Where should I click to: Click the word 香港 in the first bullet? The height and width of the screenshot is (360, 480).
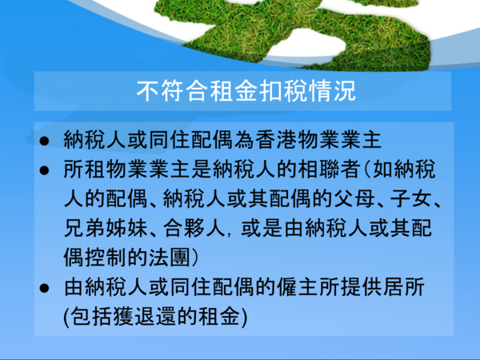point(276,140)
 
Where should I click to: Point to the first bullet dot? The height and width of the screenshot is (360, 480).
point(44,141)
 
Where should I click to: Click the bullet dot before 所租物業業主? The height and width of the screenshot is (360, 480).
point(44,170)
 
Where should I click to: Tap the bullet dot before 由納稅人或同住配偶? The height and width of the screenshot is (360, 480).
point(44,288)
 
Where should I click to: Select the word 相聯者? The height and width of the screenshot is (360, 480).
point(329,170)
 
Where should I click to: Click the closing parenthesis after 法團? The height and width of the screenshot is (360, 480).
point(194,258)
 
